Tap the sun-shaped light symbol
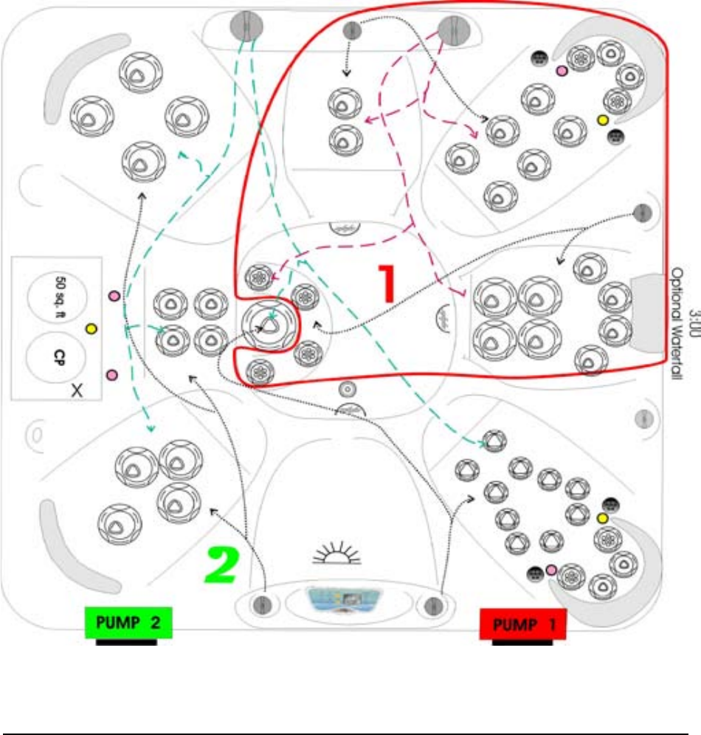344,553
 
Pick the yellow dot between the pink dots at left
91,328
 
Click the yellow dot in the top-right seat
602,120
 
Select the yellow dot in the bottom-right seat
602,518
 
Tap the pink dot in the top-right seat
561,71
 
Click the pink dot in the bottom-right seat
550,569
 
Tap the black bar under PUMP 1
522,641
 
